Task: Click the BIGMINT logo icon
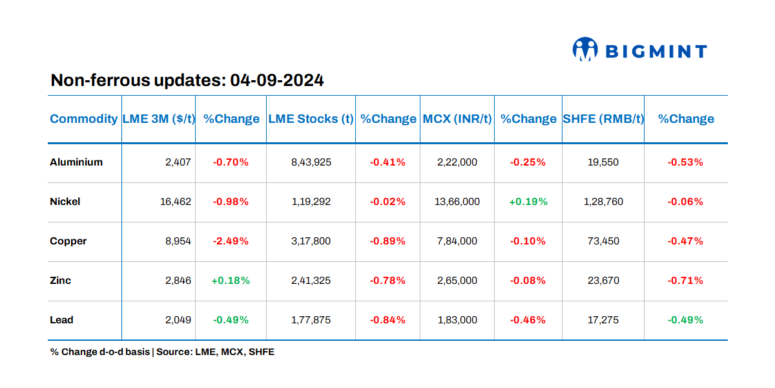[x=585, y=50]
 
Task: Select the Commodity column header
[x=84, y=119]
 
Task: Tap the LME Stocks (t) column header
[x=311, y=119]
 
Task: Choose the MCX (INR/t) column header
[x=457, y=119]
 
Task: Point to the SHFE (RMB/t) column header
[x=603, y=119]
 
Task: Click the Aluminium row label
[x=76, y=162]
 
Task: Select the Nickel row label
[x=65, y=202]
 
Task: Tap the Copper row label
[x=68, y=241]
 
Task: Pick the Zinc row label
[x=61, y=281]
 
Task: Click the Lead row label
[x=62, y=320]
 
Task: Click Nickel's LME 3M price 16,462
[x=176, y=202]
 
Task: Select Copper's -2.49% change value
[x=231, y=241]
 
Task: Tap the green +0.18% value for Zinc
[x=231, y=281]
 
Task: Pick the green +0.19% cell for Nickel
[x=528, y=202]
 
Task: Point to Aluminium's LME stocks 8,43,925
[x=311, y=162]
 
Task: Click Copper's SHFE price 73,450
[x=603, y=241]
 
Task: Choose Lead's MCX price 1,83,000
[x=457, y=320]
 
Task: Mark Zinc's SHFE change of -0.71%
[x=685, y=281]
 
